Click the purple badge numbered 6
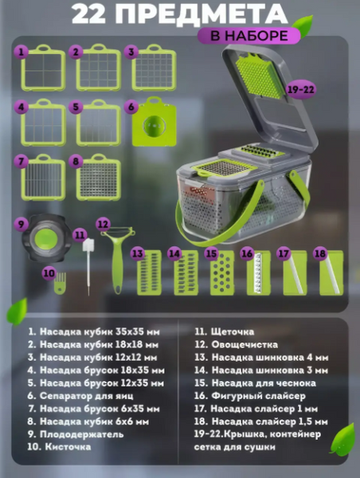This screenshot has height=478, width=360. coord(131,107)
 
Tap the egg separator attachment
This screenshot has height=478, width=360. coord(155,122)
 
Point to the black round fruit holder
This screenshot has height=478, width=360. coord(46,237)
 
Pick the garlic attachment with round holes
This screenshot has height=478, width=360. coord(222,273)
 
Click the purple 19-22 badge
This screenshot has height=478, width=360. coord(300,89)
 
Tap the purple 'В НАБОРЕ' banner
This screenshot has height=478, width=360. coord(248,36)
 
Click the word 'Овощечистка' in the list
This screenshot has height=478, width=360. coord(245,345)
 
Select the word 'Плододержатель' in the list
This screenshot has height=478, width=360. coord(82,434)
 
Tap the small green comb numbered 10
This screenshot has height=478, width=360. coord(60,284)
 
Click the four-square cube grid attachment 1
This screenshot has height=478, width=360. coord(43,68)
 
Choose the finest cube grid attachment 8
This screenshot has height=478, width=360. coord(98,178)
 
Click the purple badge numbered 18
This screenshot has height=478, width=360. coord(320,253)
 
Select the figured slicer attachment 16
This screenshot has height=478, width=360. coord(259,273)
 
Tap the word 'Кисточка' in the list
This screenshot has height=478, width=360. coord(68,447)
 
